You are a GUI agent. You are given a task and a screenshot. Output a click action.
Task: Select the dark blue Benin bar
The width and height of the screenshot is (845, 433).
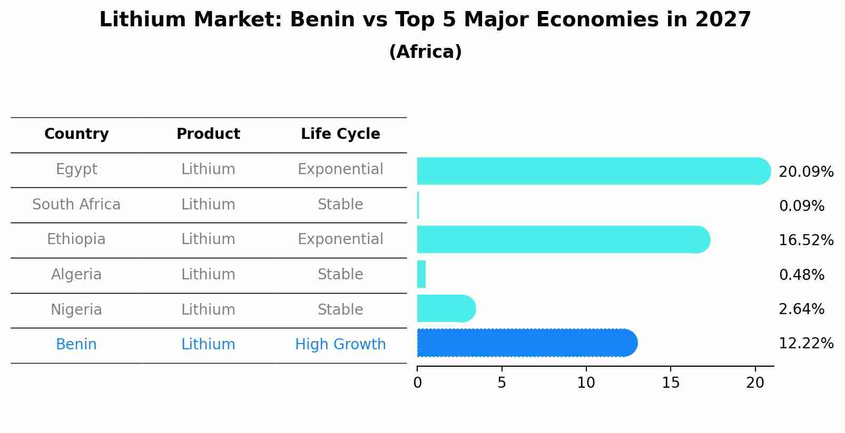[527, 343]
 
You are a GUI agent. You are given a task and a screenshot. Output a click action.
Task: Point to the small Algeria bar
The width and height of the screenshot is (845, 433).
[421, 274]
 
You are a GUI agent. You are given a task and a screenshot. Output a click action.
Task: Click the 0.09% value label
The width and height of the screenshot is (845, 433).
[801, 206]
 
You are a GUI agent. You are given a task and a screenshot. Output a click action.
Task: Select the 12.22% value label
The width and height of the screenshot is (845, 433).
[805, 344]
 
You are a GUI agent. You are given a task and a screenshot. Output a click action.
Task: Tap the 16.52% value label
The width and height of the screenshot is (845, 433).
[805, 240]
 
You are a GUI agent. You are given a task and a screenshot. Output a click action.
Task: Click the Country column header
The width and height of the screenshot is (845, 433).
[76, 134]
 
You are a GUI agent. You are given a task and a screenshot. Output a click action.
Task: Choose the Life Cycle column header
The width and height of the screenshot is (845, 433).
[340, 134]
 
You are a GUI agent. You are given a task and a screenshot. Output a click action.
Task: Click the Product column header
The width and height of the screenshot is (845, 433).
[208, 134]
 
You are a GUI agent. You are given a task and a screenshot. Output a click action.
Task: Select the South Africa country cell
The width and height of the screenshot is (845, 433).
[76, 204]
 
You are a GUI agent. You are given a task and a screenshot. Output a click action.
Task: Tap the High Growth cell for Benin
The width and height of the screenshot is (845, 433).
[340, 345]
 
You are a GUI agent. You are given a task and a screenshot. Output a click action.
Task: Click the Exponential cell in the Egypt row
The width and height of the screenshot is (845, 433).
[340, 169]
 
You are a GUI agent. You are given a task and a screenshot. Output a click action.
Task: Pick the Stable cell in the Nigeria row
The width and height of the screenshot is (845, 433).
[340, 309]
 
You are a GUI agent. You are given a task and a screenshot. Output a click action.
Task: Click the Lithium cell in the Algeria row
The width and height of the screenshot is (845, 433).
[208, 275]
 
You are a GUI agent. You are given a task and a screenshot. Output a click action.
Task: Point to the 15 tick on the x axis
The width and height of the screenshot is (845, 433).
[671, 382]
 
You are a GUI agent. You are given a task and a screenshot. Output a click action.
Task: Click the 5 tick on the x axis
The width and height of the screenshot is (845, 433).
[502, 382]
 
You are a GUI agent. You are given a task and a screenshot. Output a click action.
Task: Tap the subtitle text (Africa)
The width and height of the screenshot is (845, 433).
[425, 52]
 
